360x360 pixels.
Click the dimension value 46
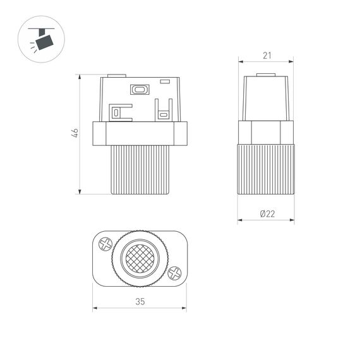[74, 133]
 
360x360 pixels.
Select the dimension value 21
[267, 56]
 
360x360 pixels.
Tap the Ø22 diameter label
[267, 213]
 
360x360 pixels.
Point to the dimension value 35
[140, 302]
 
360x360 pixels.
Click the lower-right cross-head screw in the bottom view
[174, 273]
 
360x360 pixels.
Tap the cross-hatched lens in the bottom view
[140, 258]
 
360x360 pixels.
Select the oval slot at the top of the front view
[139, 90]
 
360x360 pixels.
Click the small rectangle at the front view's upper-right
[165, 81]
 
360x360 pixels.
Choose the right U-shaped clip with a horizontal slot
[163, 112]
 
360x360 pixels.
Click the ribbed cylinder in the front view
[140, 169]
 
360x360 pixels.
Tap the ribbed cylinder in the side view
[267, 169]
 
